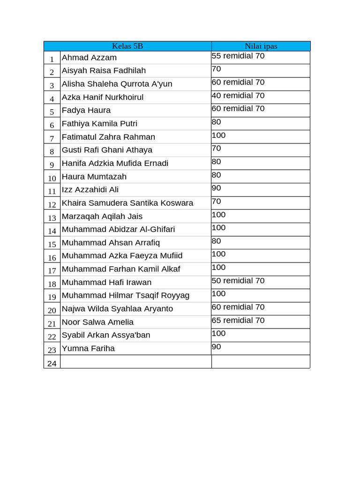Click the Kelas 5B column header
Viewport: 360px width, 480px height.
tap(127, 46)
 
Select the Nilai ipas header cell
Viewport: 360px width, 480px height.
tap(261, 46)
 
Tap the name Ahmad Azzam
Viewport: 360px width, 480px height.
tap(89, 58)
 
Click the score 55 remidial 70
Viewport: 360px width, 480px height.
tap(238, 56)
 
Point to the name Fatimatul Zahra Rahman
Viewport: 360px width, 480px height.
tap(108, 137)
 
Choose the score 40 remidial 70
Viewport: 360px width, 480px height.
tap(238, 96)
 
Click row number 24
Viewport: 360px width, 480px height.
tap(52, 363)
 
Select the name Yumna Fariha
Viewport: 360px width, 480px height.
tap(88, 348)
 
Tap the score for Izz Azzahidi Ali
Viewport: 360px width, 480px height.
tap(217, 188)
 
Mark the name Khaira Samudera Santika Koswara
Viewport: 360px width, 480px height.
tap(127, 203)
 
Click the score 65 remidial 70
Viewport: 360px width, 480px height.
tap(238, 321)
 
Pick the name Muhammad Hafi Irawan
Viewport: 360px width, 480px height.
tap(106, 282)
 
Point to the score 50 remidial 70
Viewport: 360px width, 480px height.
tap(238, 281)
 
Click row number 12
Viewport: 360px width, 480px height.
tap(52, 204)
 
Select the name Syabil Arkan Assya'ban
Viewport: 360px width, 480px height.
tap(106, 335)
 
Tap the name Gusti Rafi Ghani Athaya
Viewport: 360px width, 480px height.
tap(107, 150)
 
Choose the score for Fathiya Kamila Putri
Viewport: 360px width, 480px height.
tap(217, 122)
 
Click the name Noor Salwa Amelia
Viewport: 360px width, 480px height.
tap(97, 322)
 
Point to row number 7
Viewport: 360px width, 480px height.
tap(52, 138)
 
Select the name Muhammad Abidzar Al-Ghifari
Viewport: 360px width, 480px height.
tap(118, 229)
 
